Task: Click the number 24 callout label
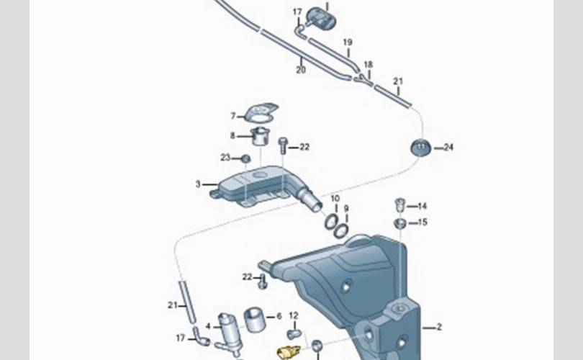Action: pyautogui.click(x=448, y=148)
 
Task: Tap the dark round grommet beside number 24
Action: pyautogui.click(x=420, y=148)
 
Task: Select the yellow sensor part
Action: pyautogui.click(x=289, y=352)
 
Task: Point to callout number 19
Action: pyautogui.click(x=347, y=42)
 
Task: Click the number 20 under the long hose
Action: pyautogui.click(x=301, y=70)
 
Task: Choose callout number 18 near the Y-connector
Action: pyautogui.click(x=368, y=65)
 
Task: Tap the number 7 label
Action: pyautogui.click(x=233, y=116)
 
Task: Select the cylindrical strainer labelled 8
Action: pyautogui.click(x=261, y=137)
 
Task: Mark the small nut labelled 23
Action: pyautogui.click(x=245, y=159)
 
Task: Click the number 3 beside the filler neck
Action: pyautogui.click(x=198, y=184)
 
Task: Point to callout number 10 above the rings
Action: pyautogui.click(x=335, y=199)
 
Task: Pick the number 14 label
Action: pyautogui.click(x=422, y=206)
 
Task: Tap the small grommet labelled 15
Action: pyautogui.click(x=400, y=223)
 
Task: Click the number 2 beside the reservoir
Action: pyautogui.click(x=439, y=327)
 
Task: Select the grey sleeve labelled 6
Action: pyautogui.click(x=255, y=319)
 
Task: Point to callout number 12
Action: pyautogui.click(x=294, y=316)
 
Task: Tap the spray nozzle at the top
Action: pyautogui.click(x=320, y=17)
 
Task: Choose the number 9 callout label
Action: pyautogui.click(x=346, y=209)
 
